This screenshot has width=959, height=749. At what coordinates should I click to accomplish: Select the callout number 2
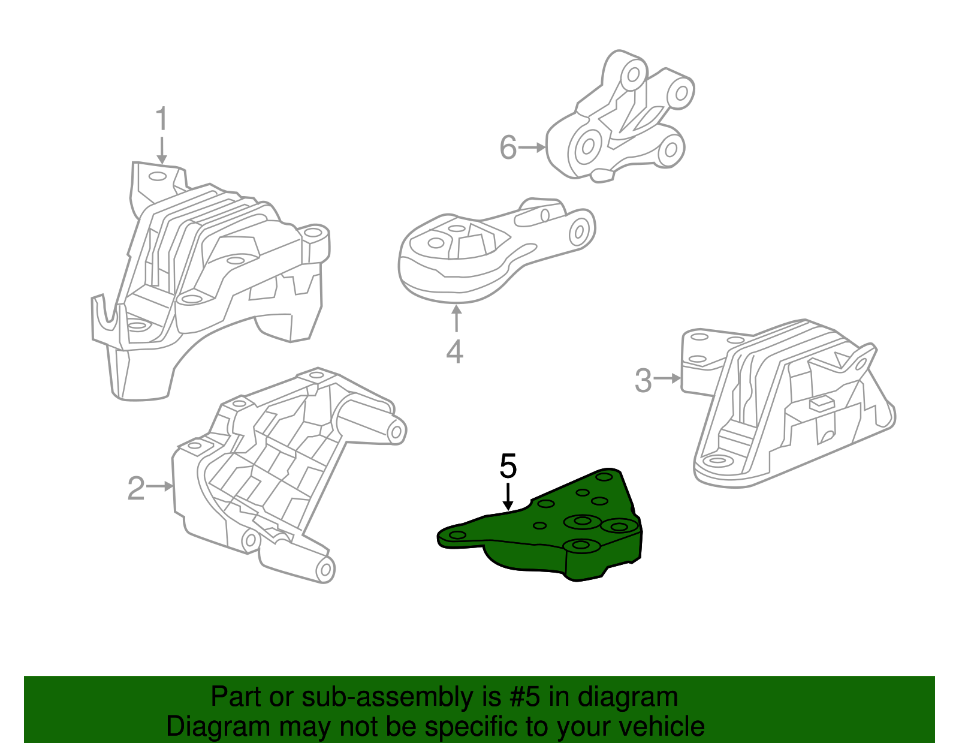click(136, 489)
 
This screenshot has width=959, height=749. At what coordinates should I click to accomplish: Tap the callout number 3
click(643, 380)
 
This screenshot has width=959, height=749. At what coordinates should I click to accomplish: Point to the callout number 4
click(455, 351)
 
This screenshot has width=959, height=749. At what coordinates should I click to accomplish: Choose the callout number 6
click(508, 148)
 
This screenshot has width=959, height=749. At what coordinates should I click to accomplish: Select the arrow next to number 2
click(161, 486)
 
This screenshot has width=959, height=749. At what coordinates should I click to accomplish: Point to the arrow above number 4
click(457, 318)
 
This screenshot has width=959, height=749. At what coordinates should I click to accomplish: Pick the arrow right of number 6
click(532, 147)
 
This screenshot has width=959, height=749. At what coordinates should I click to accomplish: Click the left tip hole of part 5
click(457, 535)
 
